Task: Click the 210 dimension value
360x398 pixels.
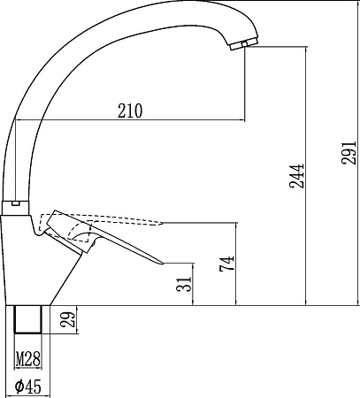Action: click(130, 111)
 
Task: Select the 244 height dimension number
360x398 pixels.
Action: click(296, 176)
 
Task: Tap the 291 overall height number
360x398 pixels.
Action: click(349, 152)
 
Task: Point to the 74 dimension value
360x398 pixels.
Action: click(226, 264)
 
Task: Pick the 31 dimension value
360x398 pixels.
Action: click(184, 284)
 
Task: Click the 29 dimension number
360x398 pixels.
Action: click(68, 319)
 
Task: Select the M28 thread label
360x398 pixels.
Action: click(28, 359)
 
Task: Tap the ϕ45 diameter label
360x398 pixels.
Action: click(28, 387)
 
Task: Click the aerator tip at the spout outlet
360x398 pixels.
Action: click(244, 45)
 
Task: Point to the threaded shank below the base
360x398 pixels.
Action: click(28, 319)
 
